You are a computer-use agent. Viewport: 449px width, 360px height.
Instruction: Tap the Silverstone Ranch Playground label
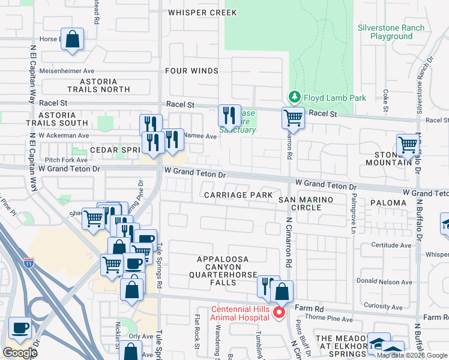point(391,32)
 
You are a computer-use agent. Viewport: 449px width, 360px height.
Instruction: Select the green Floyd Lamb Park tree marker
point(294,96)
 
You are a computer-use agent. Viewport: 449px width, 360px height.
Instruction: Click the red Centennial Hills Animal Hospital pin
point(278,312)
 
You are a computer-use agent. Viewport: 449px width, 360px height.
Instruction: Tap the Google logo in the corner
point(20,353)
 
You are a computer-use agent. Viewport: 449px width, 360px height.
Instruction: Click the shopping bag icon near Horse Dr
point(72,40)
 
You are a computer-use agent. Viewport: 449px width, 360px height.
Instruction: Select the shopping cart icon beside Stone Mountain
point(408,145)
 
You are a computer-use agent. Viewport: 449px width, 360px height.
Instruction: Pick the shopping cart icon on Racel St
point(293,117)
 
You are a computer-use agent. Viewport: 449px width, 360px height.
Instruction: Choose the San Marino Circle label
point(298,202)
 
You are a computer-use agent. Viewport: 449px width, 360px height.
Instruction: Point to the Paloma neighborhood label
point(388,203)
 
